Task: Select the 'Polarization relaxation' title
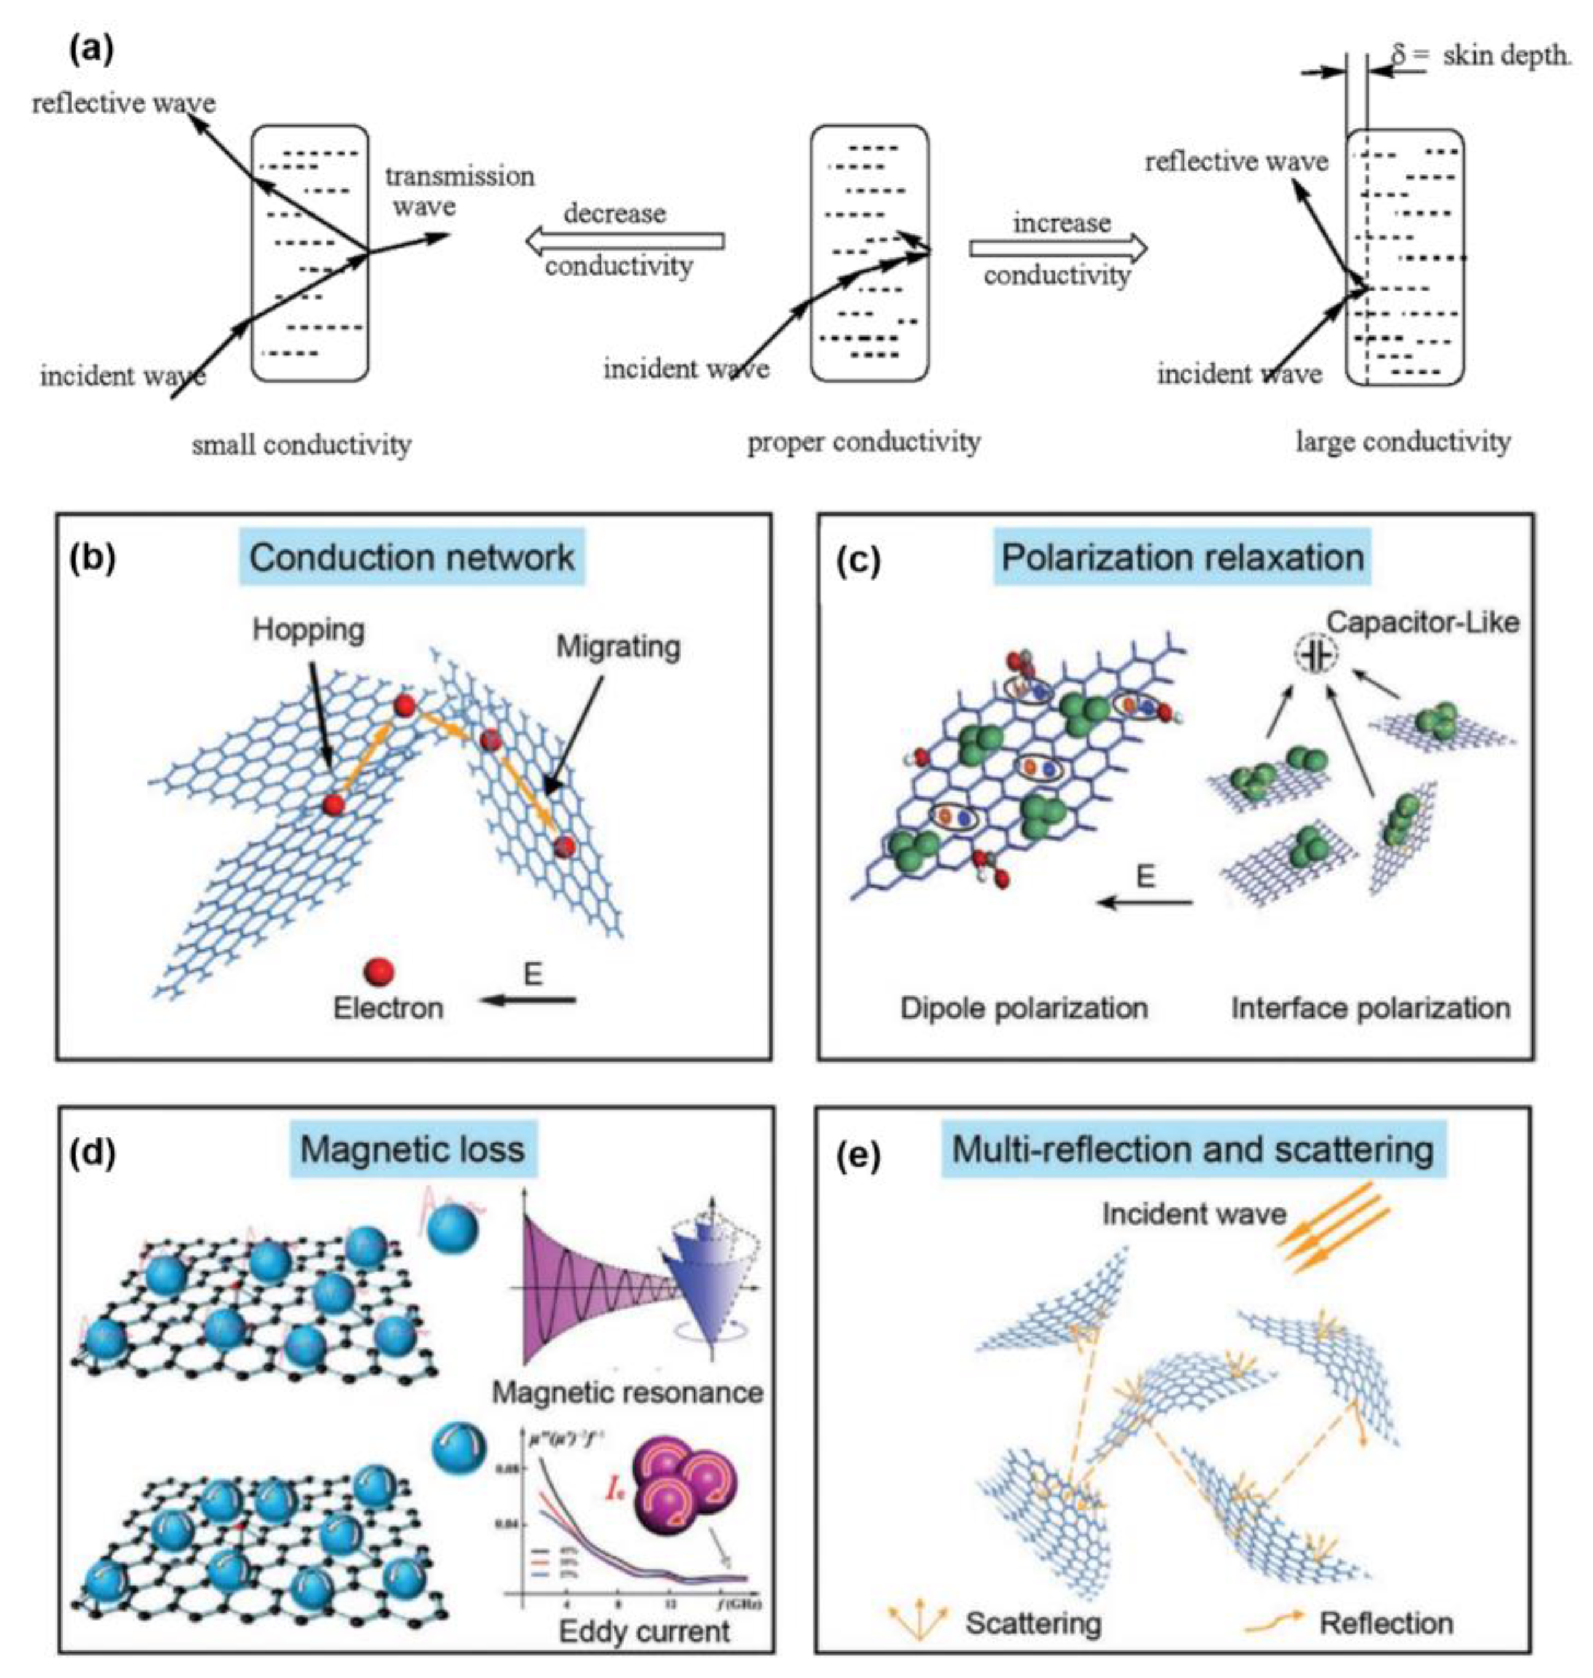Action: tap(1182, 558)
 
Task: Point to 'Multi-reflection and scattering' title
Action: tap(1192, 1150)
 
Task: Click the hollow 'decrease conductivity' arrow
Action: tap(625, 242)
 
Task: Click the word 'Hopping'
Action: tap(308, 630)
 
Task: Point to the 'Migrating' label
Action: tap(618, 647)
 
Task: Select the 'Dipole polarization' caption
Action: tap(1024, 1008)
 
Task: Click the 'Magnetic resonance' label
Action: tap(627, 1393)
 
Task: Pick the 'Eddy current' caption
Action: tap(644, 1631)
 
